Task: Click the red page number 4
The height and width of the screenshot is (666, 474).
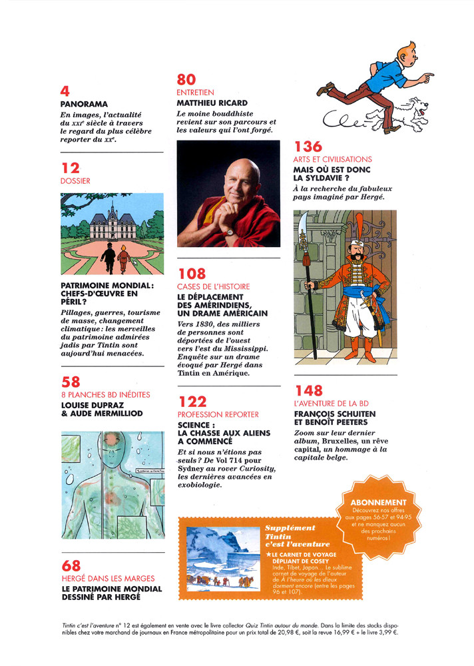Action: [x=65, y=91]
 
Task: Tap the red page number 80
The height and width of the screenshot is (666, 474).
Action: [x=186, y=81]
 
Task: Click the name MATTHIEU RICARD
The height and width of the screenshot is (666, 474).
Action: [x=212, y=104]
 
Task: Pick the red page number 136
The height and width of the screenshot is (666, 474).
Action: [x=308, y=147]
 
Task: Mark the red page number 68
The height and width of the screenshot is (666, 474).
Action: [x=70, y=566]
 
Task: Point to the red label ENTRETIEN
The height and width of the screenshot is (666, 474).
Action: [x=196, y=93]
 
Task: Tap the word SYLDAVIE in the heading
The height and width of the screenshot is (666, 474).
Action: [x=342, y=178]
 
